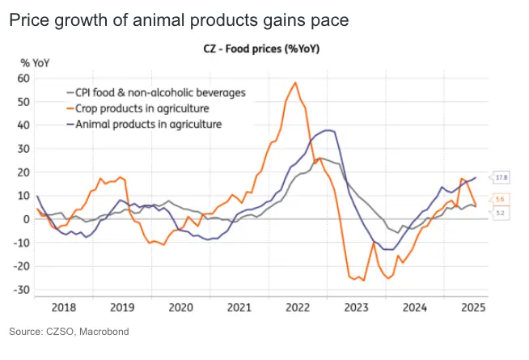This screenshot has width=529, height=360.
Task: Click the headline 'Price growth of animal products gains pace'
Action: click(x=179, y=20)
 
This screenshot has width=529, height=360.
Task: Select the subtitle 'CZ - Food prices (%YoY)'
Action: click(x=261, y=49)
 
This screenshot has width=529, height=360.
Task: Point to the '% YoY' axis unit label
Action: click(x=36, y=63)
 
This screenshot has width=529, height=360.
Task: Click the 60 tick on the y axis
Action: click(x=23, y=78)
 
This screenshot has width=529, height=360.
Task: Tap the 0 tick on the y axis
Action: click(x=26, y=219)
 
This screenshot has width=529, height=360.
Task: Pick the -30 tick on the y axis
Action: click(x=22, y=290)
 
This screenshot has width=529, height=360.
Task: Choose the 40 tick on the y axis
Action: click(x=23, y=125)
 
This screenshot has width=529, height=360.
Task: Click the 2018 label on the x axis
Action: click(x=63, y=307)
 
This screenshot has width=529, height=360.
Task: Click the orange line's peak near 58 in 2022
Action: click(x=296, y=83)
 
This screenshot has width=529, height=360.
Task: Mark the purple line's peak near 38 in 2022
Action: click(x=327, y=129)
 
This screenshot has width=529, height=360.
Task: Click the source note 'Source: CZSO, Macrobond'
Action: click(x=69, y=332)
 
